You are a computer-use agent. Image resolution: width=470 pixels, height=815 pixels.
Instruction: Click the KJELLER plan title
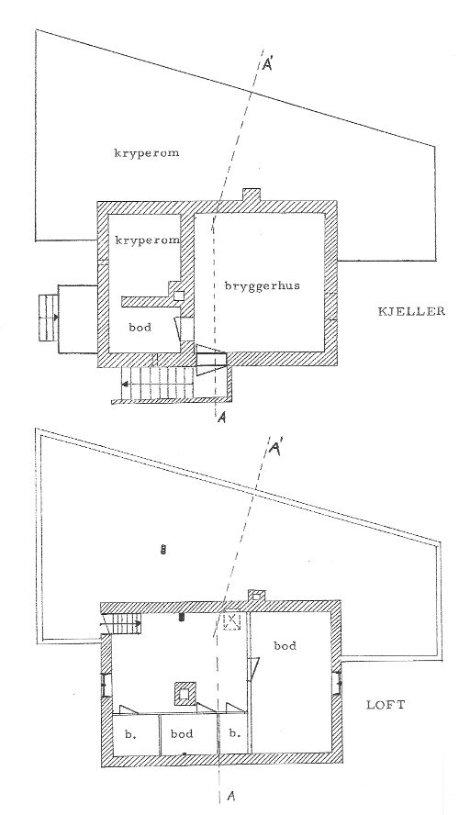pos(410,311)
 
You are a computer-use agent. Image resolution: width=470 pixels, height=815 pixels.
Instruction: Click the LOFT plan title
pos(386,706)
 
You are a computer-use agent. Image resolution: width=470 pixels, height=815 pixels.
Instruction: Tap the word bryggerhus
pos(262,286)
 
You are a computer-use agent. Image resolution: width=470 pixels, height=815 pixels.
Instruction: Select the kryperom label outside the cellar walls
pos(147,153)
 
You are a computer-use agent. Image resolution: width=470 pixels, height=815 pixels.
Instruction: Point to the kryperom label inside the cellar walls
pos(148,240)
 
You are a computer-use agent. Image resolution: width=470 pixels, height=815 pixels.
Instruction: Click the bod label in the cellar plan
pos(140,327)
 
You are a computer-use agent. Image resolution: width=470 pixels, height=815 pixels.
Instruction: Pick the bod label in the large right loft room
pos(285,645)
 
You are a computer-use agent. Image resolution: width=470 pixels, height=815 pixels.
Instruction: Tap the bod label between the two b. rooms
pos(182,734)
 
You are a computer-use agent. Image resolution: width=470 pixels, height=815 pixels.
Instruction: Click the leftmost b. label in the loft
pos(129,734)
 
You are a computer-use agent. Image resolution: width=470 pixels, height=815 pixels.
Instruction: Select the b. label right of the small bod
pos(235,734)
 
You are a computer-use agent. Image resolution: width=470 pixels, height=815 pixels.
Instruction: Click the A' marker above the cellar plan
pos(269,65)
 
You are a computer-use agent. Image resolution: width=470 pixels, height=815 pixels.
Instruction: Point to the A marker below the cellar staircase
pos(222,416)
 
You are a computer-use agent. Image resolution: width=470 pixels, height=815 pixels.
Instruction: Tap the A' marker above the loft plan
pos(274,449)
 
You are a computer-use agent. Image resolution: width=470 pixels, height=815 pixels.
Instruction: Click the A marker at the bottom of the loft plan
pos(232,796)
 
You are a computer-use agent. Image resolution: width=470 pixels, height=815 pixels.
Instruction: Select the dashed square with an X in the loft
pos(231,621)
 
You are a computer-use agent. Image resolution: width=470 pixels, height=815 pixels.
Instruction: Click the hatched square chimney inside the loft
pos(184,693)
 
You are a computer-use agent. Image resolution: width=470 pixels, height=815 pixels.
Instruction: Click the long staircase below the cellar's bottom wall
pos(159,385)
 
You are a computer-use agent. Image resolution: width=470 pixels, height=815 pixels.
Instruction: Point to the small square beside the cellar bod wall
pos(178,296)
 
